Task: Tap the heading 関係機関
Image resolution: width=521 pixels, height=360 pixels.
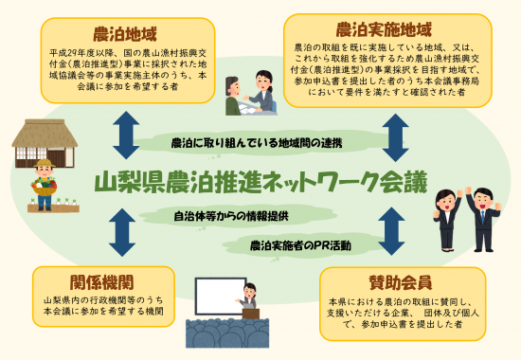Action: click(x=101, y=282)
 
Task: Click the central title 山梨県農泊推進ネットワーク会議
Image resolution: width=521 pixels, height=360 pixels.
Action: click(x=261, y=180)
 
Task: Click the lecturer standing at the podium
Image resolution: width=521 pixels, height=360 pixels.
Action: click(x=251, y=301)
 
